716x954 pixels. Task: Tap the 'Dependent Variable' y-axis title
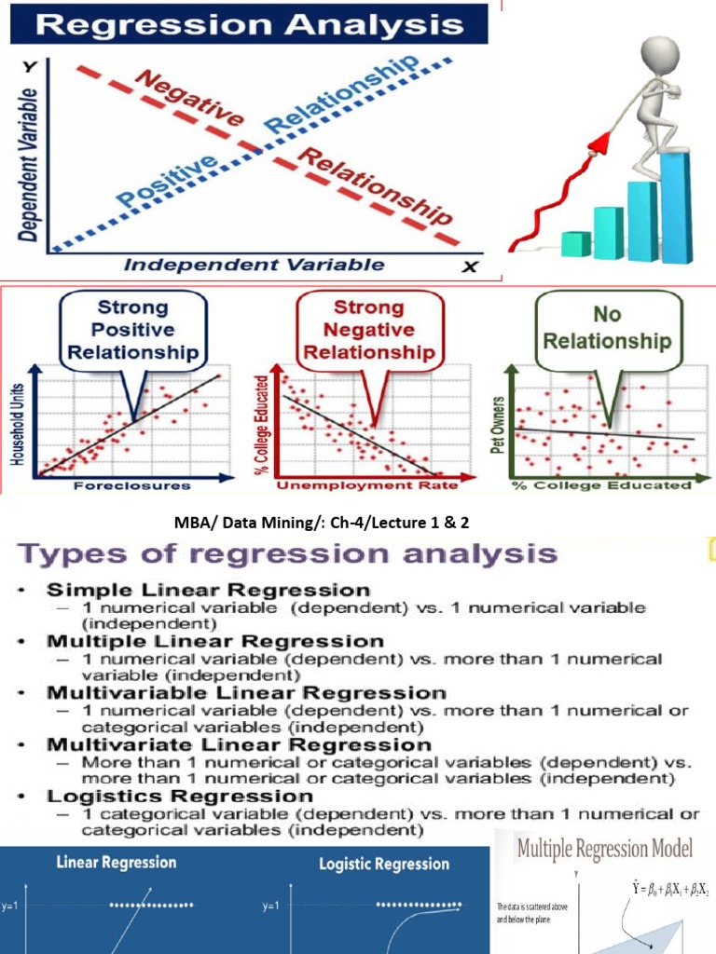click(29, 164)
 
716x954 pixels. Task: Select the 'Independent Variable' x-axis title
click(254, 265)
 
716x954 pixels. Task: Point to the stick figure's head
click(659, 53)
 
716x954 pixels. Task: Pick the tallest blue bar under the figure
click(675, 205)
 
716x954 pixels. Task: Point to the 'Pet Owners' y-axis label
click(499, 425)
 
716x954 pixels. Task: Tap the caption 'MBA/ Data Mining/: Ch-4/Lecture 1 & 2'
click(357, 523)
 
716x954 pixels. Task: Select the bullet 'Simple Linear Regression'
click(208, 590)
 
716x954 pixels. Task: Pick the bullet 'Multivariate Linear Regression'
click(239, 744)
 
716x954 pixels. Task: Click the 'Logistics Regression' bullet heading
click(180, 797)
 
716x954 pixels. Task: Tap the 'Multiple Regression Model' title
click(605, 850)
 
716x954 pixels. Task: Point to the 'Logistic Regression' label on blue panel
click(384, 864)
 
